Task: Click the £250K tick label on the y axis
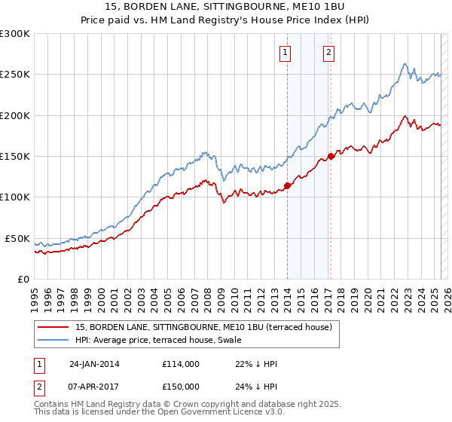pyautogui.click(x=15, y=75)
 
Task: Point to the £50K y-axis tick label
pyautogui.click(x=17, y=238)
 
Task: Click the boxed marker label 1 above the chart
pyautogui.click(x=286, y=53)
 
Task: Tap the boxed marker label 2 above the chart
pyautogui.click(x=329, y=53)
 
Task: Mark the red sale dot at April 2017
pyautogui.click(x=330, y=157)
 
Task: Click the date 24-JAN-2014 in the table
pyautogui.click(x=94, y=363)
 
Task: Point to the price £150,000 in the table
pyautogui.click(x=181, y=386)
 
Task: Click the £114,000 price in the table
pyautogui.click(x=181, y=363)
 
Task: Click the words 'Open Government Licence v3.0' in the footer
pyautogui.click(x=223, y=414)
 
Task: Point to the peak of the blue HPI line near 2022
pyautogui.click(x=405, y=64)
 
